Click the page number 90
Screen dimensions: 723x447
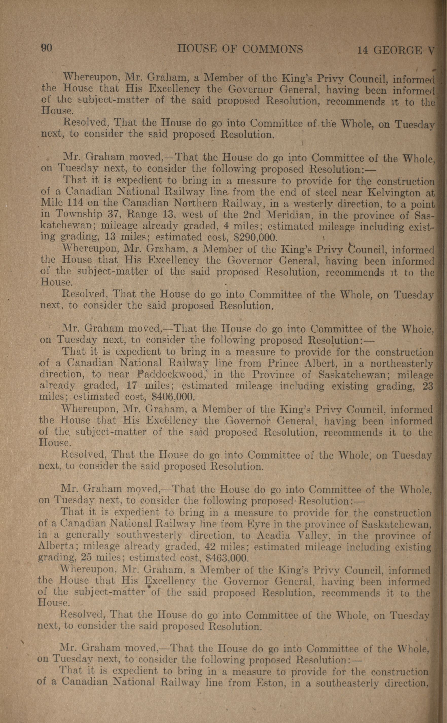point(46,48)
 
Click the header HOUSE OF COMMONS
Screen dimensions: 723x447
point(240,49)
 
